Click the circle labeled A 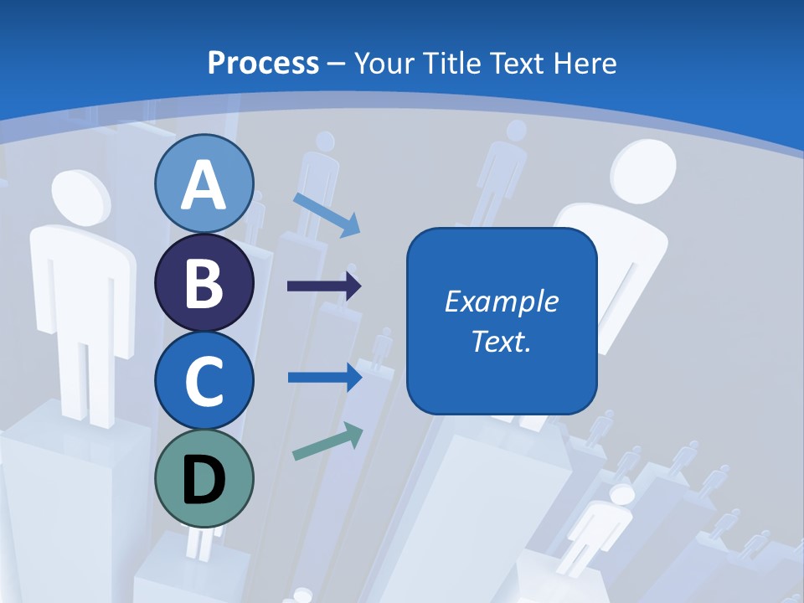[204, 184]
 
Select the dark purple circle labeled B [204, 283]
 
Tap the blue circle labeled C [204, 381]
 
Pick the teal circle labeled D [204, 479]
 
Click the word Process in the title [263, 64]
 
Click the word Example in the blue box [501, 301]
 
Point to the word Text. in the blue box [501, 341]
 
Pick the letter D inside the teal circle [204, 481]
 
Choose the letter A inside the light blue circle [204, 185]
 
